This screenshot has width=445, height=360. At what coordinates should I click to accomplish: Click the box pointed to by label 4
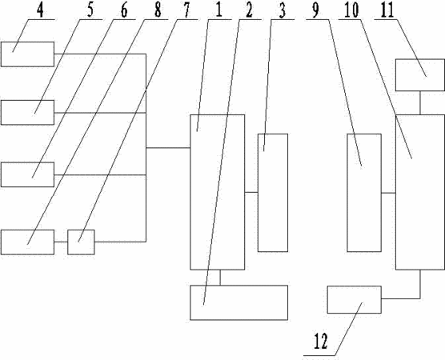point(27,54)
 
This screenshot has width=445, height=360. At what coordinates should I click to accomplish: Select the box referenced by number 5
point(27,112)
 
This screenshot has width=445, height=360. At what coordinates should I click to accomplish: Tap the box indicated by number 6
point(27,174)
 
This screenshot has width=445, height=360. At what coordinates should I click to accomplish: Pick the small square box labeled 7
point(81,242)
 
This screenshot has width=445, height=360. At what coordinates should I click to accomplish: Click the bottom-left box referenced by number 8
point(27,242)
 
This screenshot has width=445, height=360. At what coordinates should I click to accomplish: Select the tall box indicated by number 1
point(218,192)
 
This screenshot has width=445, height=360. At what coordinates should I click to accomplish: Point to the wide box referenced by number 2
point(239,302)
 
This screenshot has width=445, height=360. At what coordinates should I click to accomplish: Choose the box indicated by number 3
point(273,193)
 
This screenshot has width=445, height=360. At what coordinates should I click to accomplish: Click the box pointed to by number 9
point(364,193)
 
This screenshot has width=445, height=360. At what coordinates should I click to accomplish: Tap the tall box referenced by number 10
point(419,192)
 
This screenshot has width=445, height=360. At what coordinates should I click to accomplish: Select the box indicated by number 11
point(420,75)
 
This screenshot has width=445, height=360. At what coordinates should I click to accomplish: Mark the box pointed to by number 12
point(355,300)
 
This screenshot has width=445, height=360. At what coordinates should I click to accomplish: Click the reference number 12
point(321,342)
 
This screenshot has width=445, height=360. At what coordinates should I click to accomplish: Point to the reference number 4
point(40,10)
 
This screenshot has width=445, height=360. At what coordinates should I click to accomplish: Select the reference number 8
point(158,10)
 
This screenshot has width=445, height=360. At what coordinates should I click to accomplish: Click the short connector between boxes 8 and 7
point(61,242)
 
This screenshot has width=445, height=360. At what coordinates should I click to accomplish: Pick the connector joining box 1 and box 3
point(251,193)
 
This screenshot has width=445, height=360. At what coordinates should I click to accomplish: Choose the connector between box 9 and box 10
point(388,193)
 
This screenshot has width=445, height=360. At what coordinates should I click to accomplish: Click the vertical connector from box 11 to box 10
point(420,103)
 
